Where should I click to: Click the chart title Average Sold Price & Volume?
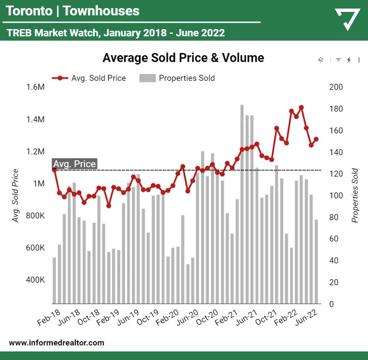coord(183,58)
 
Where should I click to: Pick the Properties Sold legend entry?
coord(177,78)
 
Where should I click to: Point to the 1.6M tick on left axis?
coord(35,87)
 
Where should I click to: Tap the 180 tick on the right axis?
coord(336,109)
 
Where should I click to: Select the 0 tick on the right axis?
coord(332,304)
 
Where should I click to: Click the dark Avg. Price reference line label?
coord(74,164)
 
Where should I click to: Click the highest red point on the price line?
coord(301,107)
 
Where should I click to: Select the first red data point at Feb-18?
coord(54,170)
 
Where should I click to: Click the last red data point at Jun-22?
coord(316,139)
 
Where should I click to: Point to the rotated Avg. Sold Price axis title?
coord(16,195)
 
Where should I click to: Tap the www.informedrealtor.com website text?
coord(56,342)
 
